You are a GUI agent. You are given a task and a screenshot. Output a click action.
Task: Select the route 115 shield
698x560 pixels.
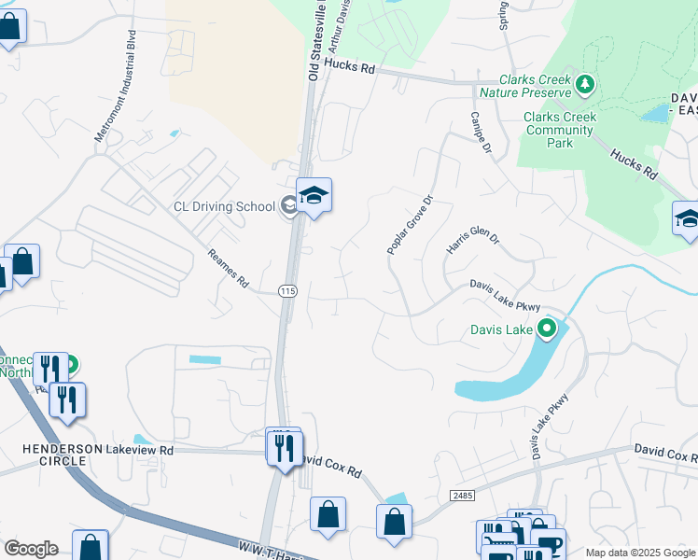click(287, 292)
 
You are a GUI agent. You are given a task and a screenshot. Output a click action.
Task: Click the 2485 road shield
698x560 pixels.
click(461, 494)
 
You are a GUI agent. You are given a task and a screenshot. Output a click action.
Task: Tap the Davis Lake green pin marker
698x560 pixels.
click(547, 329)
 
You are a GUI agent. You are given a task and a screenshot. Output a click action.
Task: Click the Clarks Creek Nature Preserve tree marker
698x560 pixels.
click(585, 86)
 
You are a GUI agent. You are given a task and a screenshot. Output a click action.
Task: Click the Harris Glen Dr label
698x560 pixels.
click(473, 241)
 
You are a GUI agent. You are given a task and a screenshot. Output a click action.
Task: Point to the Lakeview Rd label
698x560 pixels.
click(140, 450)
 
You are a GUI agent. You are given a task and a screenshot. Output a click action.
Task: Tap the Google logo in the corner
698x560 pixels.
click(30, 548)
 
